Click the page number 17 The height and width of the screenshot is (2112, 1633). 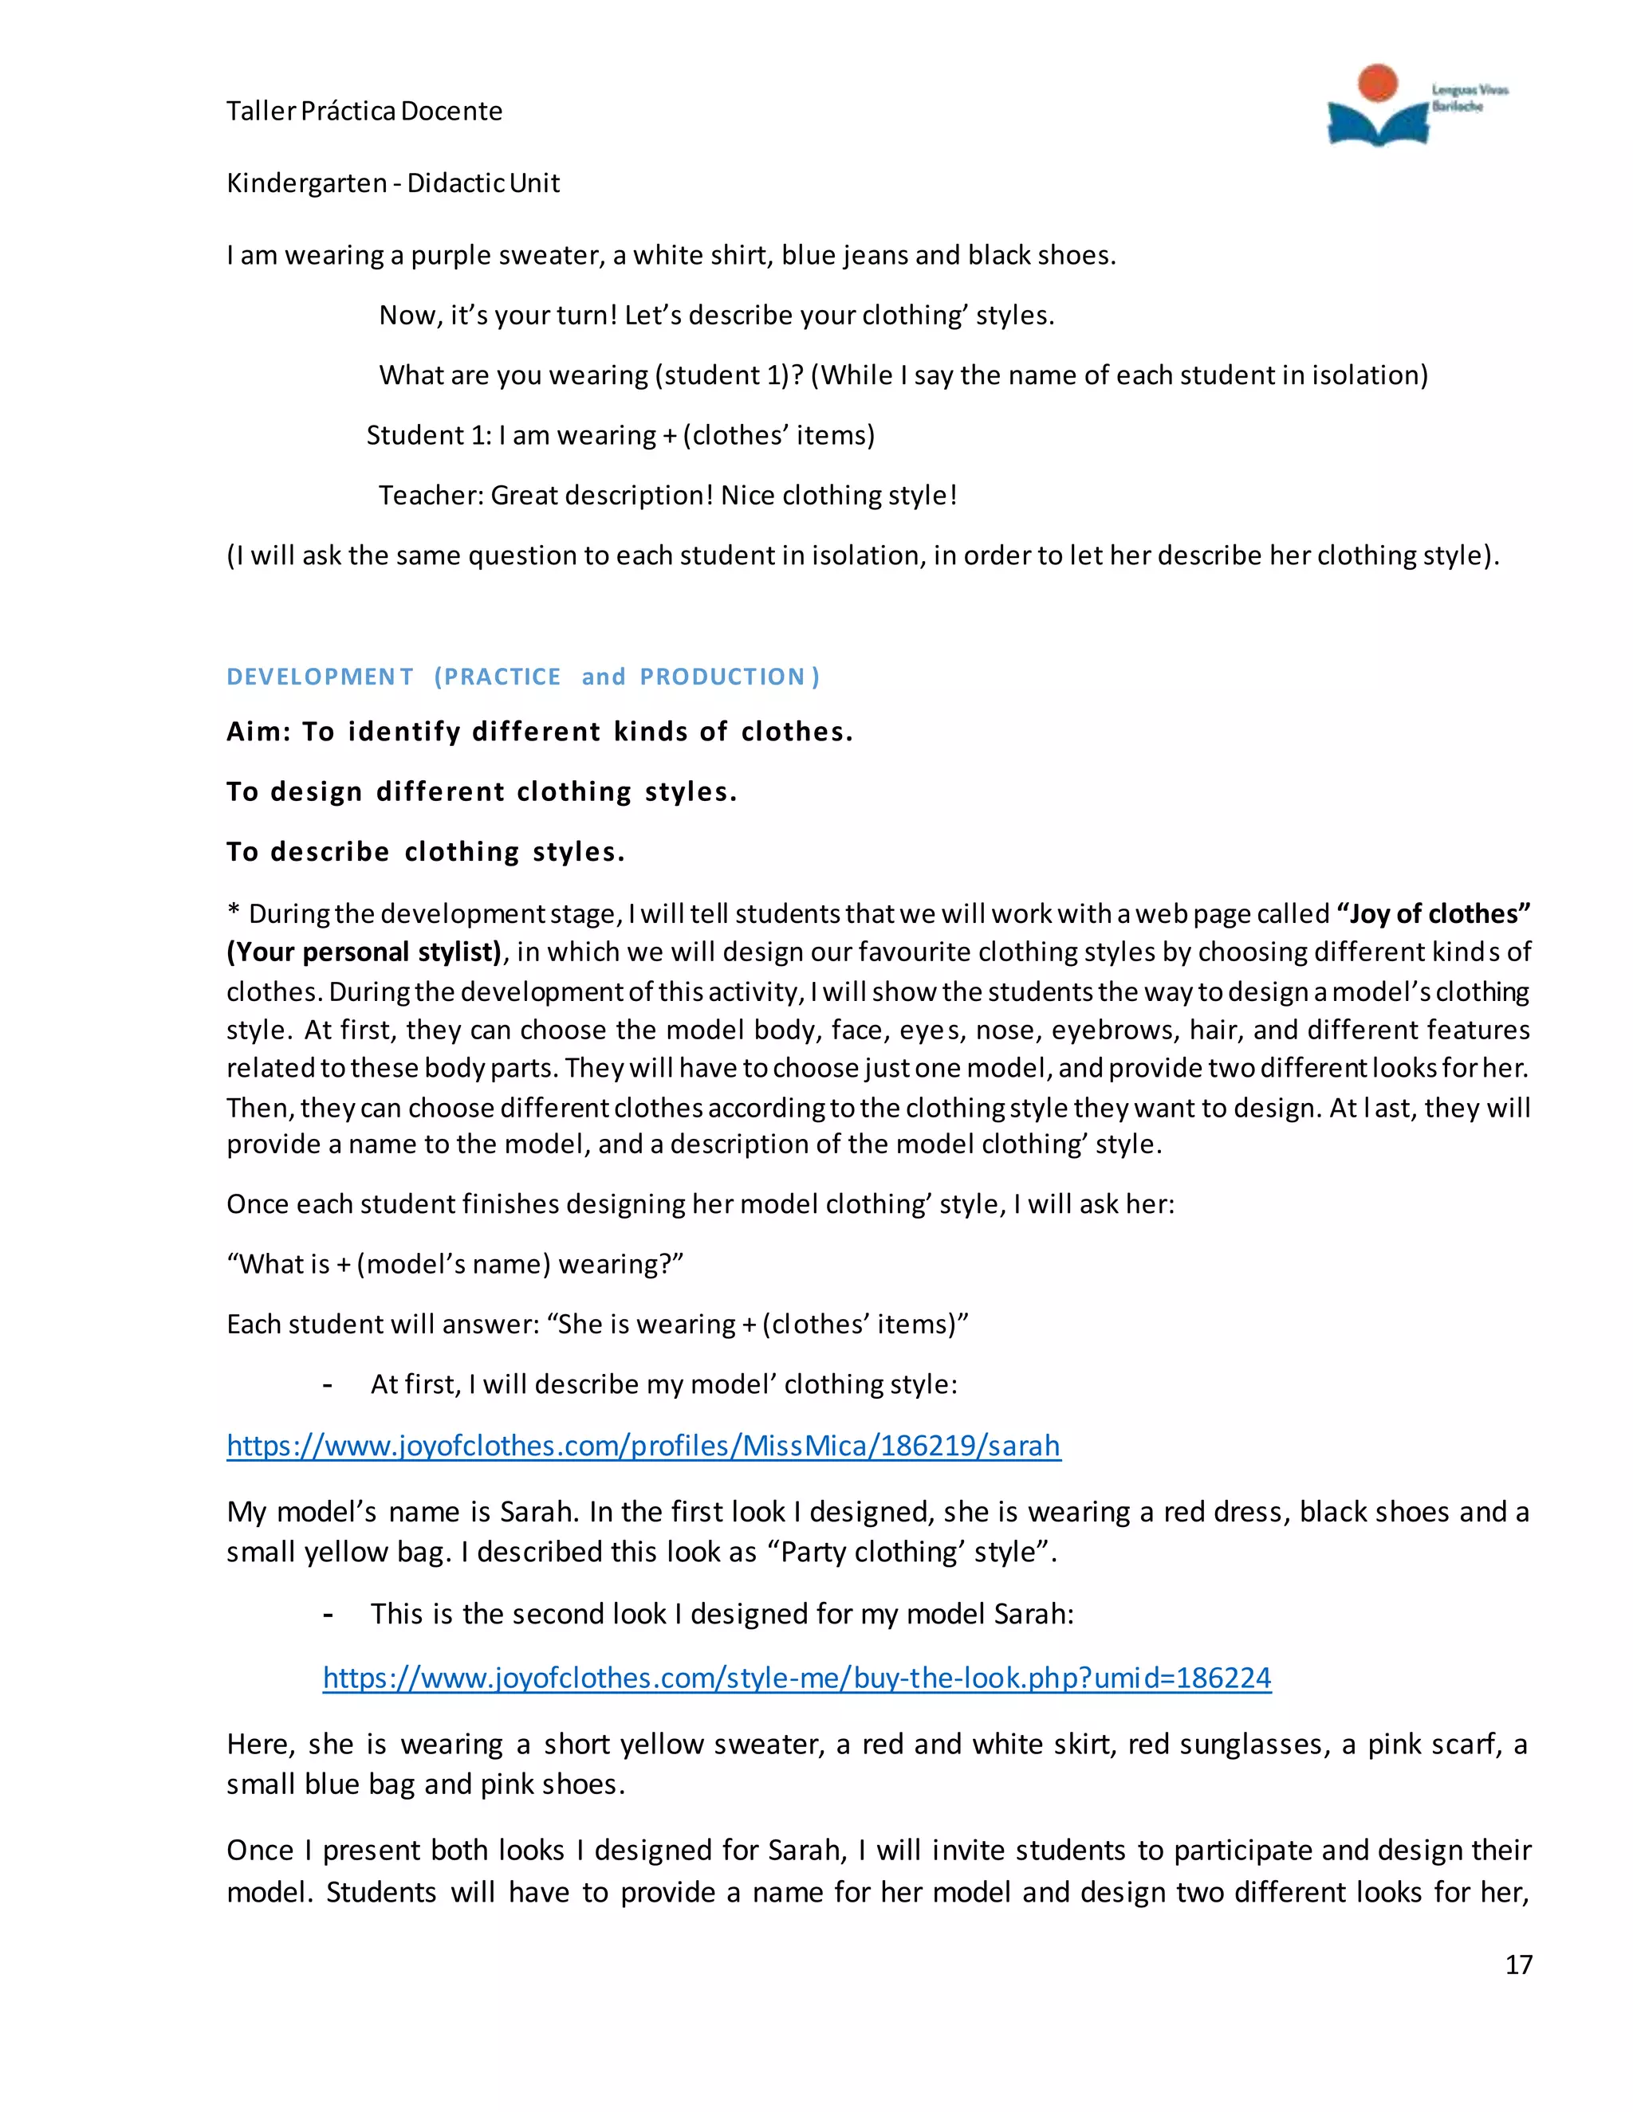click(1518, 1964)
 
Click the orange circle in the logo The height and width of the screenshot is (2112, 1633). click(1376, 83)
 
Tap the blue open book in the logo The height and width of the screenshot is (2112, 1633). click(1376, 124)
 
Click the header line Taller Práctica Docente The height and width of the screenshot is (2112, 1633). click(364, 112)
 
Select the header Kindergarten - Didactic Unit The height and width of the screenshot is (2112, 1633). click(393, 183)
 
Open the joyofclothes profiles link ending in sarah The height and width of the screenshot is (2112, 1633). click(643, 1446)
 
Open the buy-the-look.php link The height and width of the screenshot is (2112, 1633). click(797, 1678)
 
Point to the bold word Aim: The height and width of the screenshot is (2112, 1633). click(258, 732)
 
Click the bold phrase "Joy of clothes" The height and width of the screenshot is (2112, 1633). click(1433, 914)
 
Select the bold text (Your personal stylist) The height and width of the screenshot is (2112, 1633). click(364, 952)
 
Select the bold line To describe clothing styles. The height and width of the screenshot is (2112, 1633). click(426, 852)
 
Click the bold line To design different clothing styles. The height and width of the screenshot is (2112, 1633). click(482, 792)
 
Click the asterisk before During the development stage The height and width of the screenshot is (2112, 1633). click(233, 914)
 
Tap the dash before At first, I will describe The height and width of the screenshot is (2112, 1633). click(328, 1385)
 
